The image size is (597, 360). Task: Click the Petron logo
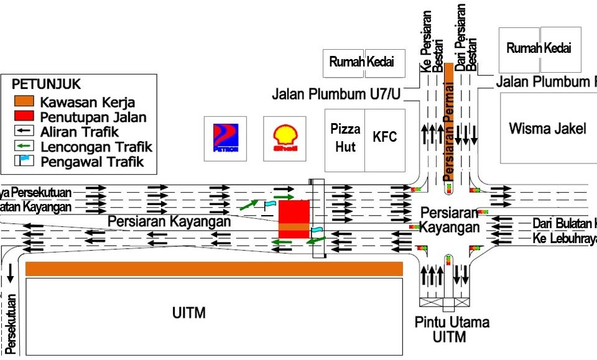225,138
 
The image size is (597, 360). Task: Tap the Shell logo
285,138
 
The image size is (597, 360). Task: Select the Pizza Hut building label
345,137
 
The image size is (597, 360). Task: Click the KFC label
384,137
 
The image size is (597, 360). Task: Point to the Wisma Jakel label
547,129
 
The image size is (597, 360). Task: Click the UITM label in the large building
189,313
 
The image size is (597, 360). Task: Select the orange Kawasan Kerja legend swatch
25,102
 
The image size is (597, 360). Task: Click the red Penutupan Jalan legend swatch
25,116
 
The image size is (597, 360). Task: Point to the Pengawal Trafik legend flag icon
25,162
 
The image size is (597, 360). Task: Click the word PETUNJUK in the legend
47,85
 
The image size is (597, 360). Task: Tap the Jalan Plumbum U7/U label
336,95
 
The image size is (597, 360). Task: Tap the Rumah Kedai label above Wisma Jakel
539,48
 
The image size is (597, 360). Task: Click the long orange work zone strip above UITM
214,269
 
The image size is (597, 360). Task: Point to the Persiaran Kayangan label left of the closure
169,221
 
